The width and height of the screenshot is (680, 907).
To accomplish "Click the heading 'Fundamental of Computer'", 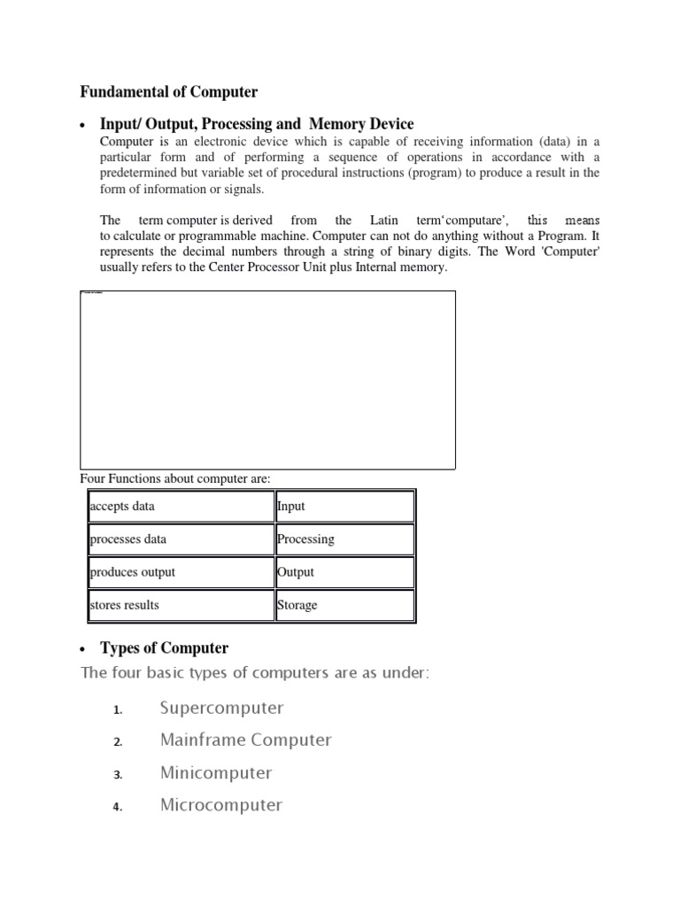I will click(x=169, y=92).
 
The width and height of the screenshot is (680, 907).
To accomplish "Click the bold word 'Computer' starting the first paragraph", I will click(x=127, y=142).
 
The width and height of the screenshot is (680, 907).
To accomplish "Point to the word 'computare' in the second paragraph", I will click(x=474, y=220).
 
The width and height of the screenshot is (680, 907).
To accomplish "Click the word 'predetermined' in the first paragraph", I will click(x=141, y=174).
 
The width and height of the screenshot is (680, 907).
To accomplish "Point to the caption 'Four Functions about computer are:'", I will click(x=175, y=479).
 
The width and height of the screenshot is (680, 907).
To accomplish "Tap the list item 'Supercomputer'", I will click(x=221, y=708).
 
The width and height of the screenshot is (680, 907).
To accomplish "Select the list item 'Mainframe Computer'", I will click(x=245, y=740).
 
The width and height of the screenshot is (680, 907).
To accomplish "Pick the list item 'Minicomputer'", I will click(x=216, y=772).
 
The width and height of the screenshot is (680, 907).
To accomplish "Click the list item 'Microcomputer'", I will click(x=221, y=805).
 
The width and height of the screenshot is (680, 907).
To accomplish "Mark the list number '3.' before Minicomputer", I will click(x=117, y=775).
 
